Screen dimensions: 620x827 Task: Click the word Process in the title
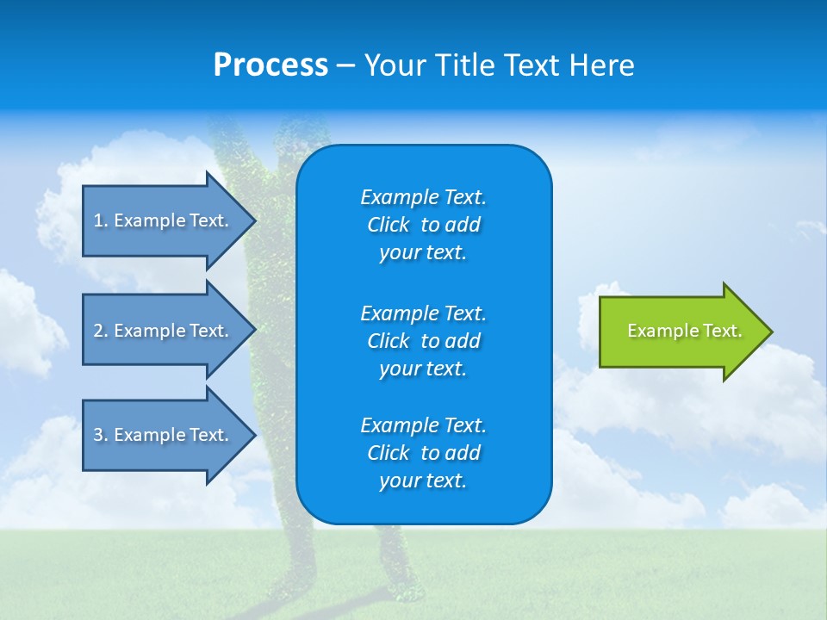[270, 65]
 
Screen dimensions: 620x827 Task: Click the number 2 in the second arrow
[98, 331]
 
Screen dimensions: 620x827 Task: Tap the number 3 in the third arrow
[98, 435]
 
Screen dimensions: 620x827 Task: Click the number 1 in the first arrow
[98, 220]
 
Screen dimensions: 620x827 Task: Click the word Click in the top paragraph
[388, 225]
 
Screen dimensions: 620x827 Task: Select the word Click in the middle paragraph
[388, 341]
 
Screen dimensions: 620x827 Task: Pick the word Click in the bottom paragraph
[388, 453]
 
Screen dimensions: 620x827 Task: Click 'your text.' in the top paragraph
[422, 253]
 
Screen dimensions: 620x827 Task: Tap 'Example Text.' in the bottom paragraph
[423, 425]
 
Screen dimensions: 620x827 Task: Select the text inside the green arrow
[684, 331]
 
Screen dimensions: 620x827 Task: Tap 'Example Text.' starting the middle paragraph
[423, 313]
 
